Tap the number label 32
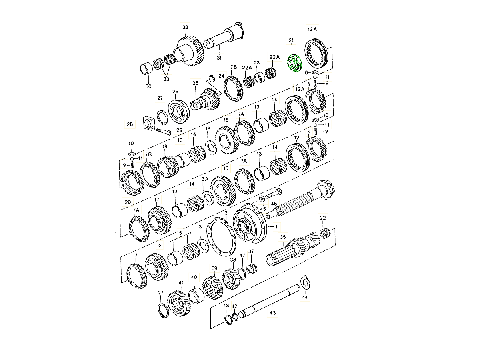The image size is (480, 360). [185, 27]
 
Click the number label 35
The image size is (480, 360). [282, 237]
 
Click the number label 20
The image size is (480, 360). [128, 202]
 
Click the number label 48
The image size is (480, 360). [226, 306]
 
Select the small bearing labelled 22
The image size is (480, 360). [324, 232]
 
